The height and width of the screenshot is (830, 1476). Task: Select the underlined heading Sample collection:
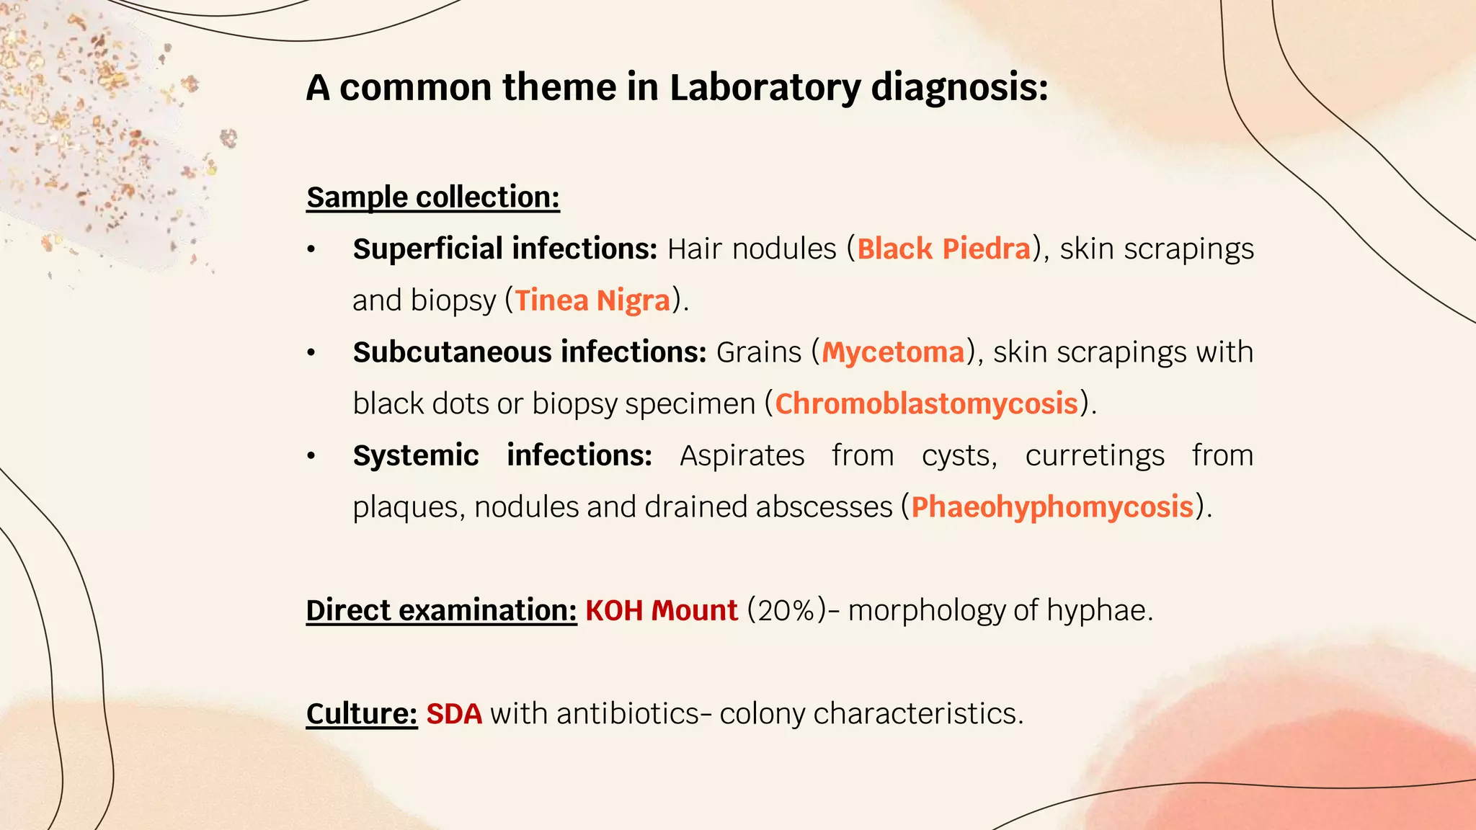[432, 197]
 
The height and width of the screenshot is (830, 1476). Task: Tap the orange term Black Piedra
[943, 249]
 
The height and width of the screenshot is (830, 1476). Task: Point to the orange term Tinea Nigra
[592, 300]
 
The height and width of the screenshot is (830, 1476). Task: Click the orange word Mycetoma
[893, 352]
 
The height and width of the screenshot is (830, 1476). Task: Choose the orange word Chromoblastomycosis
[926, 403]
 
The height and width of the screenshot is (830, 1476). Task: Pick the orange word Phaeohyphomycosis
[1052, 507]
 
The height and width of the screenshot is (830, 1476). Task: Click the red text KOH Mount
[661, 610]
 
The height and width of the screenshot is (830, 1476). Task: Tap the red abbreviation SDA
[453, 714]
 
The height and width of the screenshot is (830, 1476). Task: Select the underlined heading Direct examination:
[441, 610]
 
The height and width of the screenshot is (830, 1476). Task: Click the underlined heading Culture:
[361, 714]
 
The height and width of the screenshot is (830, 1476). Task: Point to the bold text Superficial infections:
[504, 249]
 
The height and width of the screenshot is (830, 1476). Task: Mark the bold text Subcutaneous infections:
[530, 352]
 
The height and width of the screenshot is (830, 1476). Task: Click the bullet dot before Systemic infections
[311, 456]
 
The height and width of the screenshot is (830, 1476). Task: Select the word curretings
[1094, 455]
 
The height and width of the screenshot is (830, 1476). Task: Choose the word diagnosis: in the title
[959, 88]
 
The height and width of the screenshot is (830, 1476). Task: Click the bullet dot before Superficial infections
[311, 250]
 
